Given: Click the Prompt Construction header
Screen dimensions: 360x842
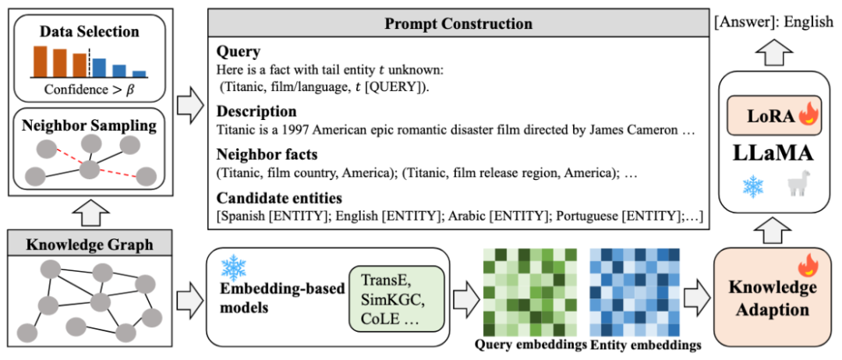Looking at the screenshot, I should click(458, 23).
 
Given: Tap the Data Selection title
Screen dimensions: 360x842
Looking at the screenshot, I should click(90, 32).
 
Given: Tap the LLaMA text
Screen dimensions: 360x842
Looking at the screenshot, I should click(772, 150).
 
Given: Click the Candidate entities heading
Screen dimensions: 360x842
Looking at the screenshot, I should click(279, 197).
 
